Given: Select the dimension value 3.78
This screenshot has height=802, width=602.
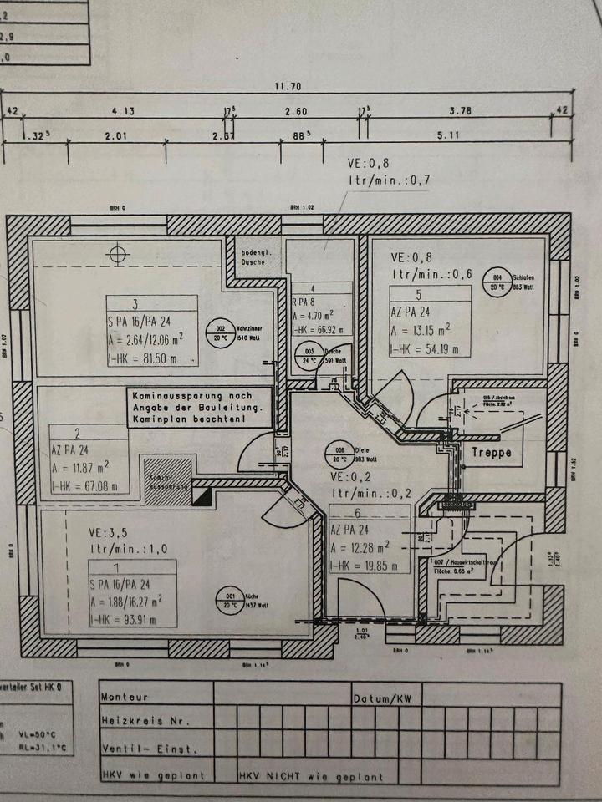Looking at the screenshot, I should point(461,109).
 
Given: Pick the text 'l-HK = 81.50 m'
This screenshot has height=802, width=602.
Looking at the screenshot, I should point(143,358).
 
